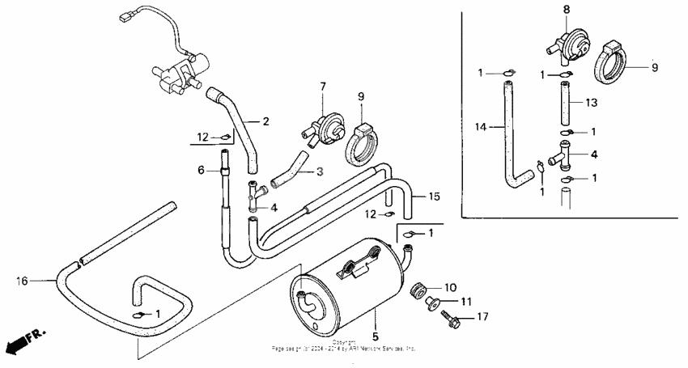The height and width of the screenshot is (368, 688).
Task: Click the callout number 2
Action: pyautogui.click(x=265, y=122)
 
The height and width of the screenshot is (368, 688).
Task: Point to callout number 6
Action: pyautogui.click(x=201, y=170)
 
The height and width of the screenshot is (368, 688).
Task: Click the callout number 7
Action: pyautogui.click(x=321, y=86)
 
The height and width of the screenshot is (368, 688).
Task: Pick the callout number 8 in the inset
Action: pyautogui.click(x=566, y=9)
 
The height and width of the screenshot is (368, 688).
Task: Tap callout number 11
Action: pyautogui.click(x=465, y=302)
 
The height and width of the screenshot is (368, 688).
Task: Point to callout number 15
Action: pyautogui.click(x=434, y=196)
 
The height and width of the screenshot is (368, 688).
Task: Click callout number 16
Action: pyautogui.click(x=22, y=281)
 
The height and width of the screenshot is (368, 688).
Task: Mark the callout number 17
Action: pyautogui.click(x=483, y=317)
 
